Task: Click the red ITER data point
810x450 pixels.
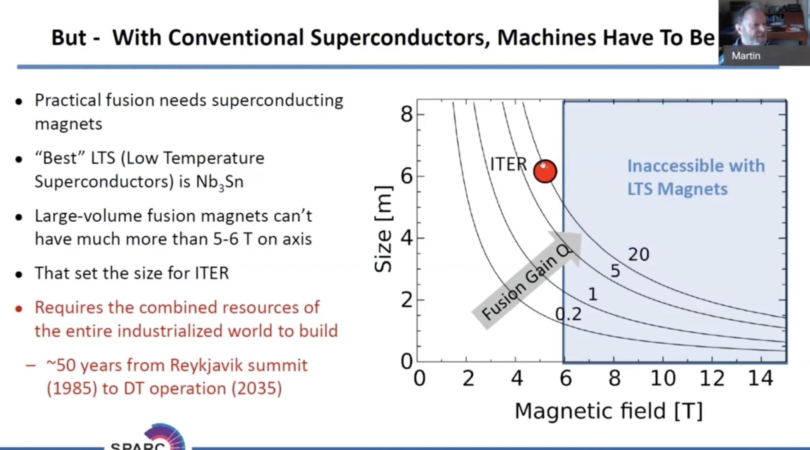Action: click(545, 171)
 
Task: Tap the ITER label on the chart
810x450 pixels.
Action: click(508, 164)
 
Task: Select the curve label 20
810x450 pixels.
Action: click(638, 254)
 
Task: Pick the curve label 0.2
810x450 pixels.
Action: click(568, 314)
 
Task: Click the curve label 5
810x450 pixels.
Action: click(615, 271)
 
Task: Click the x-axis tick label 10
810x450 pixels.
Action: click(663, 378)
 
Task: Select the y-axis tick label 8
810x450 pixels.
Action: click(407, 115)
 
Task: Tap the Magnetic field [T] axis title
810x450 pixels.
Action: click(609, 411)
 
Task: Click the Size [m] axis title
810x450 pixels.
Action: click(383, 229)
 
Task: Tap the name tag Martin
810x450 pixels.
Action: click(746, 56)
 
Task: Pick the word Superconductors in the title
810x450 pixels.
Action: click(400, 38)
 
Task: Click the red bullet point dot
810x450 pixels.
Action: click(19, 308)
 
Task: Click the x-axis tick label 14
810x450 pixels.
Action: click(761, 378)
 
